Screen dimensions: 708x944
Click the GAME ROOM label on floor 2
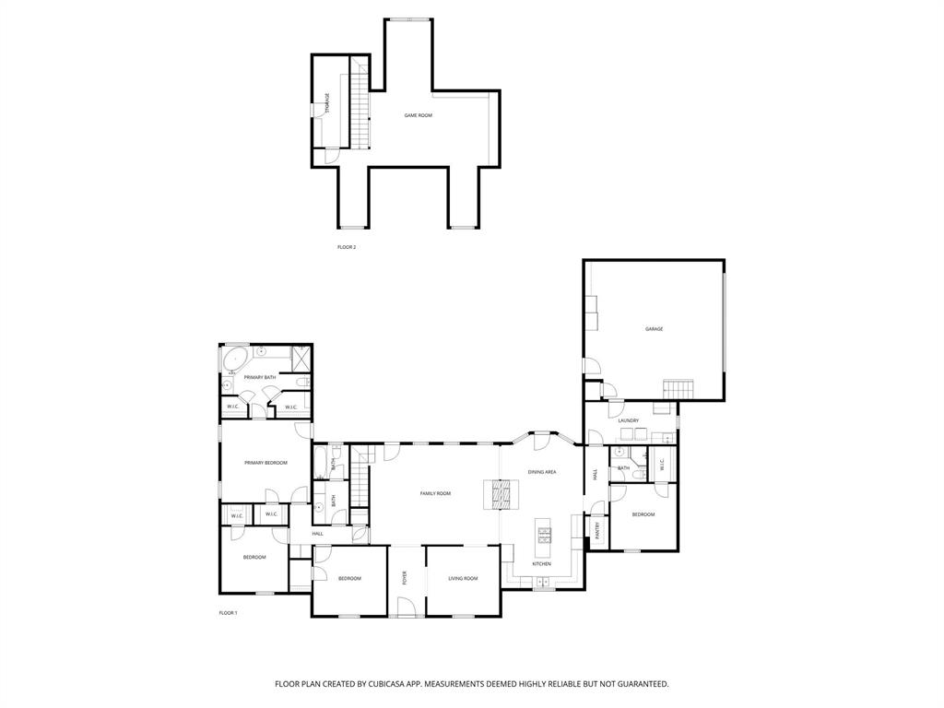(418, 115)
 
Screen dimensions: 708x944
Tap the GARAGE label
(654, 329)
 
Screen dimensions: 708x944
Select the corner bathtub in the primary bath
(234, 359)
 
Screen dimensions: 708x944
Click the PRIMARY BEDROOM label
(265, 463)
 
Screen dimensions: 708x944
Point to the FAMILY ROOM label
(435, 494)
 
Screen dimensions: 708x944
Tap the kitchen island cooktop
(544, 534)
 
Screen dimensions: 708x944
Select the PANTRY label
(597, 530)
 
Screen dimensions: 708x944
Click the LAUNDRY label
(629, 420)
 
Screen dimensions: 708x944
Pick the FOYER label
(404, 578)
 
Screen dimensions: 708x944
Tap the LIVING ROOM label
(463, 578)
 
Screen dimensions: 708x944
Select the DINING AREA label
(541, 472)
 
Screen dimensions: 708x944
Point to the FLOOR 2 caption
(347, 247)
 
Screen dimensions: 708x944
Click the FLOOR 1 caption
(228, 613)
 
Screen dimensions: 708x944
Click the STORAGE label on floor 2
(327, 103)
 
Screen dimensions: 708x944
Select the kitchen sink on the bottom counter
(541, 582)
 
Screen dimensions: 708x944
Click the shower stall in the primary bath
(301, 355)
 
